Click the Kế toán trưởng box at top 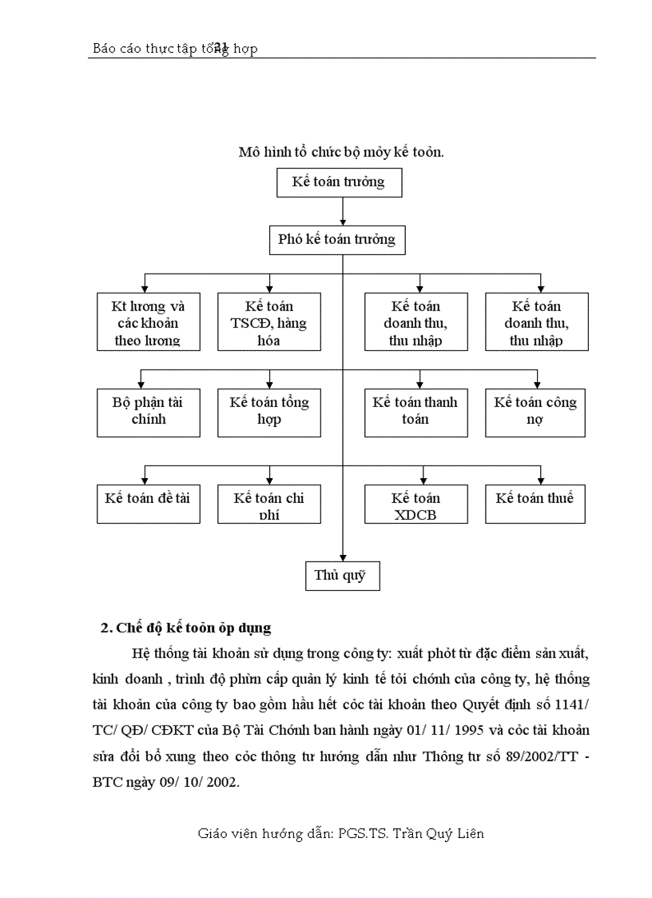pos(339,182)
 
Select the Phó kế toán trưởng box pos(336,239)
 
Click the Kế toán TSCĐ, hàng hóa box pos(269,321)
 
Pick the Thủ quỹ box pos(342,576)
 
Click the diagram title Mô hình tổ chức pos(341,152)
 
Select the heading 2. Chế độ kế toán pos(186,628)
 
